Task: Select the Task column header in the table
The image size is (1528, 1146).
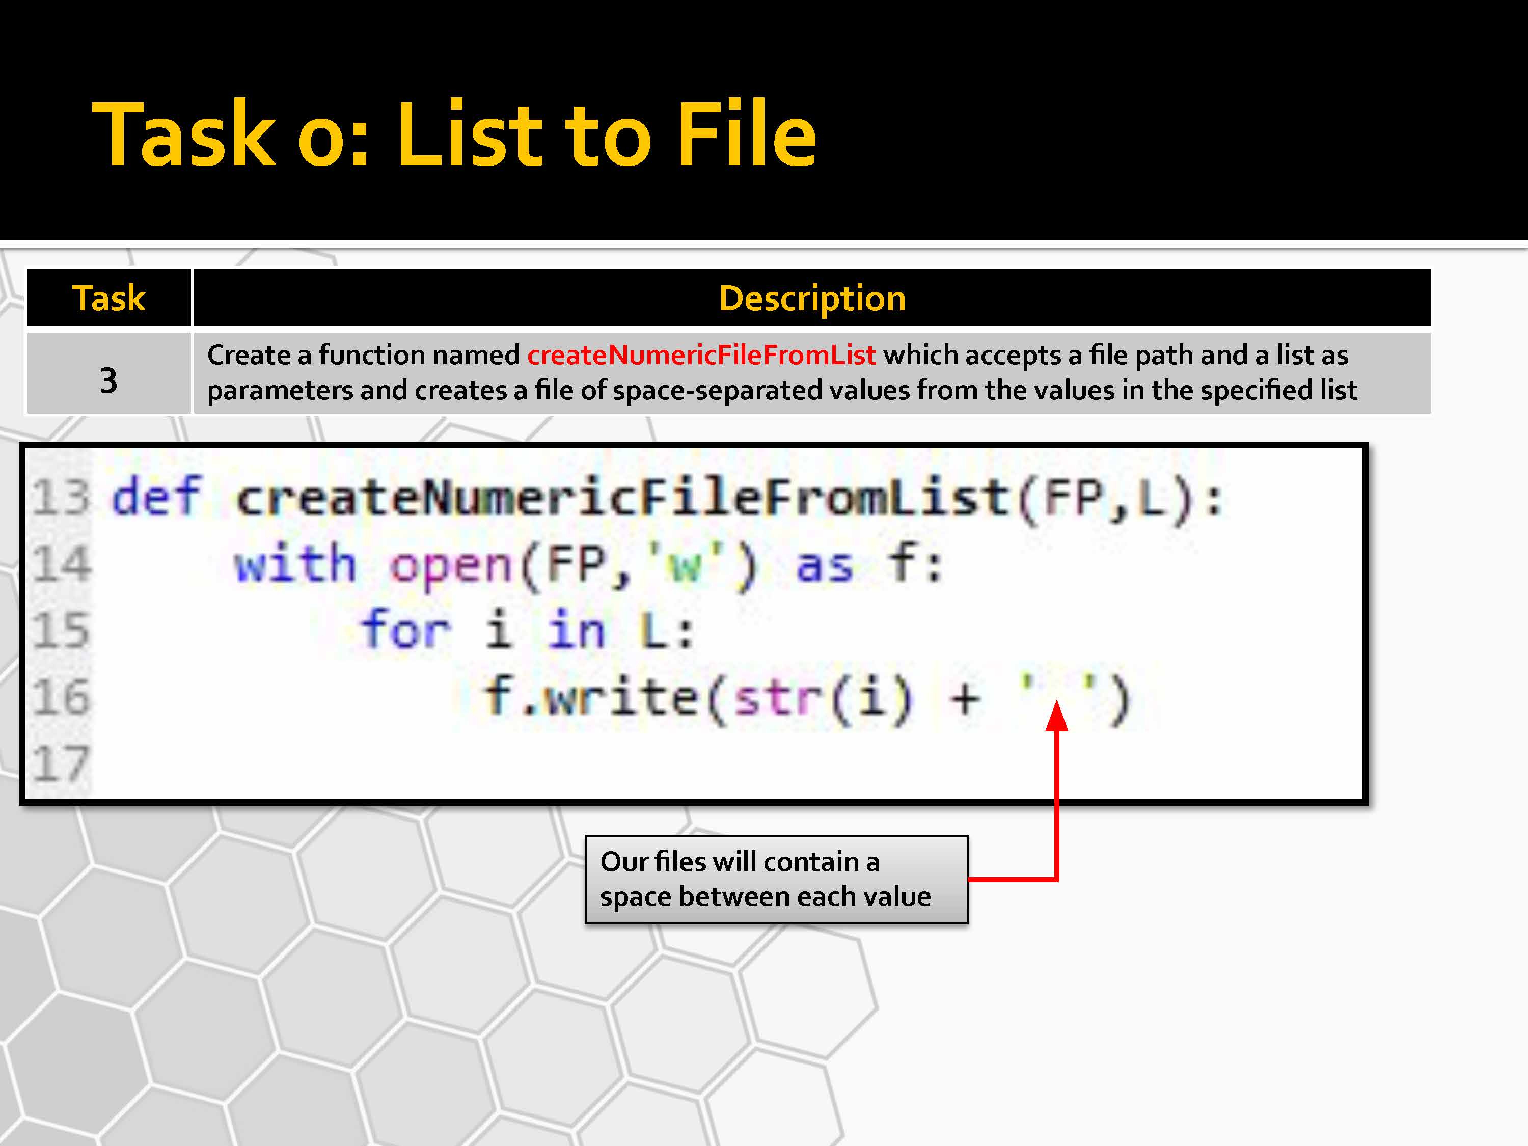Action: click(108, 298)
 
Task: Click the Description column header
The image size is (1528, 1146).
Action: click(812, 298)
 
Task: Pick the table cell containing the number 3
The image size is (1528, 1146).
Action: click(108, 373)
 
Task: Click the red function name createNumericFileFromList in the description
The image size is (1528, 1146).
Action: click(701, 355)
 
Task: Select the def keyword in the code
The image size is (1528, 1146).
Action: click(157, 496)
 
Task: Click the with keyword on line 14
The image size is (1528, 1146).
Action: click(295, 562)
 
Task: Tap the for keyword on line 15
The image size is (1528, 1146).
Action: click(406, 630)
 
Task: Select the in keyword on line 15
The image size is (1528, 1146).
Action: click(576, 630)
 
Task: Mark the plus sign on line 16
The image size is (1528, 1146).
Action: click(965, 698)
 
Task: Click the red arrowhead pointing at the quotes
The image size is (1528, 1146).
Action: click(1057, 716)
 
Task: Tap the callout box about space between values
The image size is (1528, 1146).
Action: click(776, 879)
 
